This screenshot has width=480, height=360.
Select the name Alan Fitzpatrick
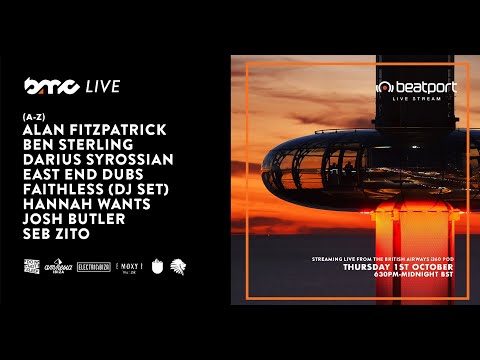[93, 131]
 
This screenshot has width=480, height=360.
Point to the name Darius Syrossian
[97, 160]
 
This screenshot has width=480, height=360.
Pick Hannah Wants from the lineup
[81, 204]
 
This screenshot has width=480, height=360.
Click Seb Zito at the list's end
[57, 233]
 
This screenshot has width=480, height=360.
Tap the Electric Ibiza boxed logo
[99, 268]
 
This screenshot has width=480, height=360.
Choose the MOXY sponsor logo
[130, 268]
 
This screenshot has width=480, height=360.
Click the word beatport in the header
[425, 88]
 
